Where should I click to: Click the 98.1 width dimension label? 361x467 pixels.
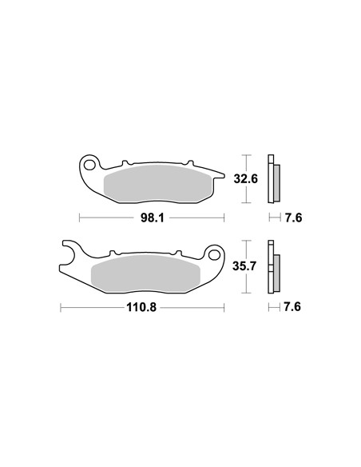pos(152,218)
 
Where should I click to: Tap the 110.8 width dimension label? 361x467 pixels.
pos(141,307)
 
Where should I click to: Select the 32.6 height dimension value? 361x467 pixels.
pos(246,179)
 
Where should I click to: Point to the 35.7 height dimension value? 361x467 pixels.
pos(244,266)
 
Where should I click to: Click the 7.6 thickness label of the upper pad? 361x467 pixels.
pos(293,218)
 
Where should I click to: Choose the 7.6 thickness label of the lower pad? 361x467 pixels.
pos(292,307)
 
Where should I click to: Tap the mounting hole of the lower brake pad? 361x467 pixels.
pos(213,255)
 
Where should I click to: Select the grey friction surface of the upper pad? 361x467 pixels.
pos(158,184)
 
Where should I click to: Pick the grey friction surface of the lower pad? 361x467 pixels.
pos(145,273)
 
